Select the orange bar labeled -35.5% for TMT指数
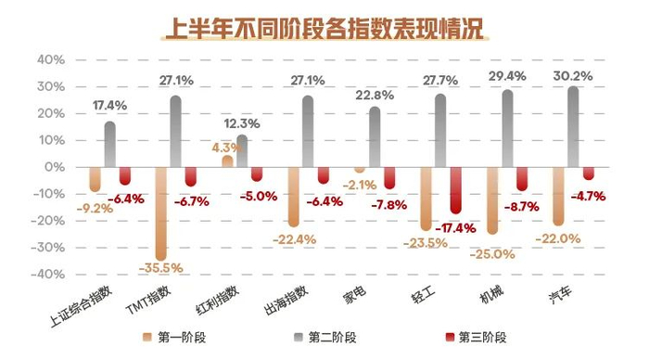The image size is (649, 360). pyautogui.click(x=160, y=213)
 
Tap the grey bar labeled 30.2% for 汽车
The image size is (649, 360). pyautogui.click(x=573, y=126)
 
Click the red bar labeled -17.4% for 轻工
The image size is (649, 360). pyautogui.click(x=455, y=190)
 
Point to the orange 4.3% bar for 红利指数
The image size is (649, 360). pyautogui.click(x=227, y=161)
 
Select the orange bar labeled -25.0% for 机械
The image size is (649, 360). pyautogui.click(x=492, y=199)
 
